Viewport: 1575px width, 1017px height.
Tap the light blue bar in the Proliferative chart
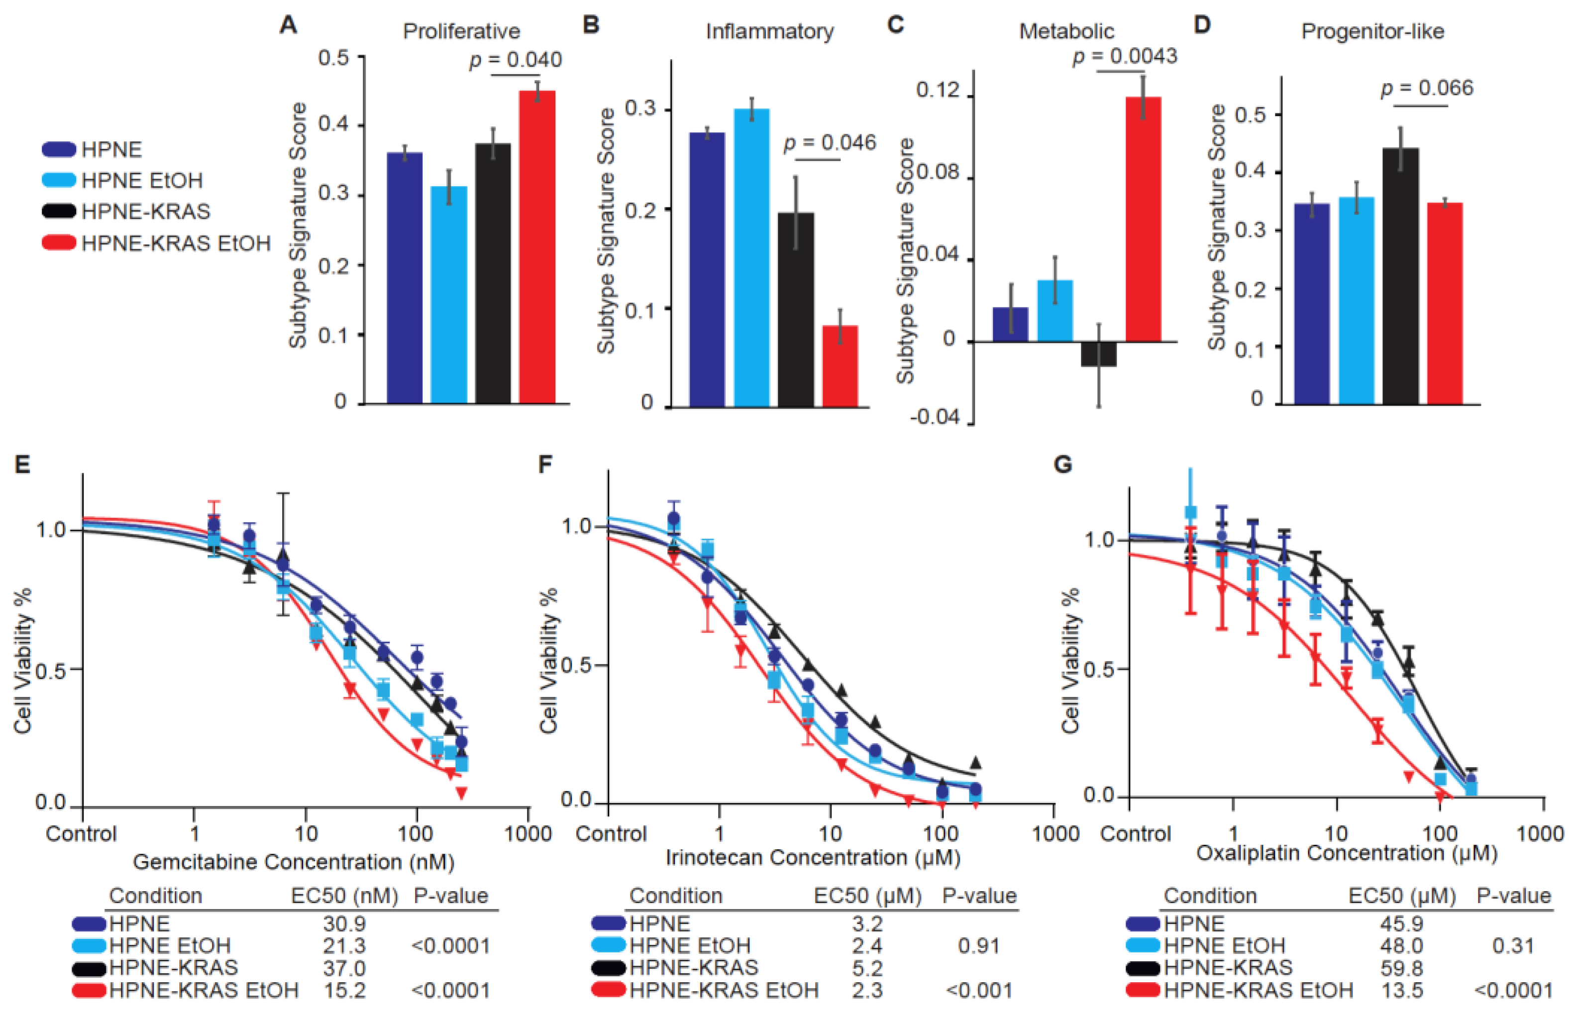448,295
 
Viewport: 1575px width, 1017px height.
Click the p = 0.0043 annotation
1124,57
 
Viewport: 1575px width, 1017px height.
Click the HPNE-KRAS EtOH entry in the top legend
176,243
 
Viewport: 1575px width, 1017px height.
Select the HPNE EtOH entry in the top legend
141,180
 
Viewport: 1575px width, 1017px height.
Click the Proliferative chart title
461,31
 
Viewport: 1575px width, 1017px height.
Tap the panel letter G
1062,464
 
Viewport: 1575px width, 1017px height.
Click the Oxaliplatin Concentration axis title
1346,853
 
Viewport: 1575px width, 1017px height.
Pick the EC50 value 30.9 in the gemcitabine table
344,923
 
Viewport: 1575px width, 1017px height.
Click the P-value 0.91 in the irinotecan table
979,946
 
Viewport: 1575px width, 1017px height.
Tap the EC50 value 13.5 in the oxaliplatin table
1401,991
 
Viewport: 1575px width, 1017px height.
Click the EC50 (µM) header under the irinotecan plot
867,896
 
